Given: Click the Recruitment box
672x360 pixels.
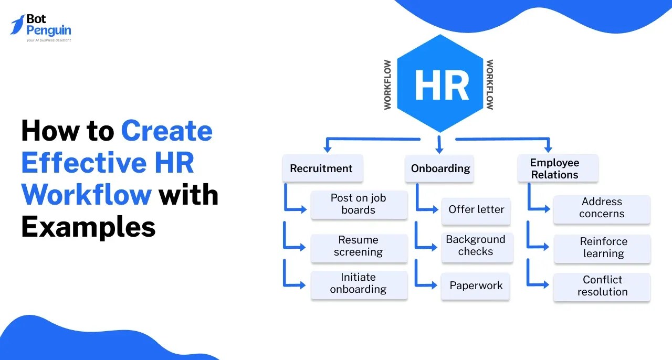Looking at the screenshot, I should (x=322, y=168).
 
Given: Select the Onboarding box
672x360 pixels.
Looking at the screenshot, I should (x=440, y=168).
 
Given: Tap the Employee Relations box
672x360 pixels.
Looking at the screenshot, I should (x=557, y=168).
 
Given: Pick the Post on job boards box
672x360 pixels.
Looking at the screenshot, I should (x=359, y=204).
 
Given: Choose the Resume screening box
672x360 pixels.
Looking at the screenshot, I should (x=359, y=247).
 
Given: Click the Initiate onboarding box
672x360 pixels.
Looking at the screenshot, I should (x=359, y=284).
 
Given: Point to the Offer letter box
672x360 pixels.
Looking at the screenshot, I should (x=476, y=209).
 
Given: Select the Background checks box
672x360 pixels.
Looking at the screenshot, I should (x=476, y=246).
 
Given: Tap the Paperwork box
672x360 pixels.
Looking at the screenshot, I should (x=476, y=286).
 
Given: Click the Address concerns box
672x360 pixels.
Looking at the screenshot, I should (x=602, y=208).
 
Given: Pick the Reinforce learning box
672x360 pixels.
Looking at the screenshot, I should (x=603, y=248).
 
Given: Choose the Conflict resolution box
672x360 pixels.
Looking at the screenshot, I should (x=602, y=287).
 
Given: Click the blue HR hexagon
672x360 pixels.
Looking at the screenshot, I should (x=440, y=84).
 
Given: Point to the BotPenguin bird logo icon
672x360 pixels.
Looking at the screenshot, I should (x=18, y=25).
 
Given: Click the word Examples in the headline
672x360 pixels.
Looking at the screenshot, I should (x=88, y=227).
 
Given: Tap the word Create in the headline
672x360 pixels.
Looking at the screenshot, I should (x=166, y=131).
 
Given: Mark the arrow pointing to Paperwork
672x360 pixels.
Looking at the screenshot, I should (x=426, y=278).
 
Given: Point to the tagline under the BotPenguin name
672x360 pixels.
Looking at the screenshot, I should (x=49, y=40).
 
